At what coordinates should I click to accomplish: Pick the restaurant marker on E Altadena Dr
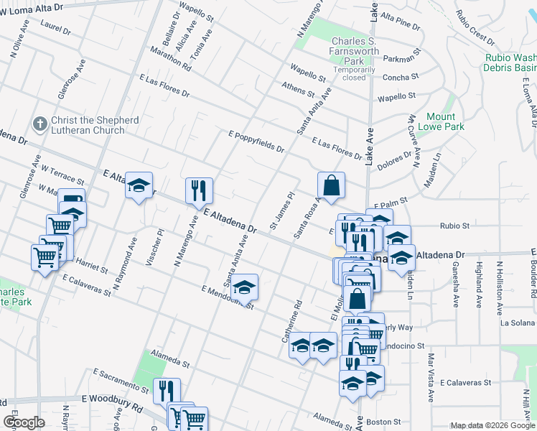click(x=199, y=191)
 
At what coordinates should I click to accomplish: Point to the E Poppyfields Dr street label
click(x=256, y=142)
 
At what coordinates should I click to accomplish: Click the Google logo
click(x=24, y=422)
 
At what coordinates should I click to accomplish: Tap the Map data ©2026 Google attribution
click(x=492, y=425)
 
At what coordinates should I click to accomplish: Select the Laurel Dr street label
click(x=56, y=30)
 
